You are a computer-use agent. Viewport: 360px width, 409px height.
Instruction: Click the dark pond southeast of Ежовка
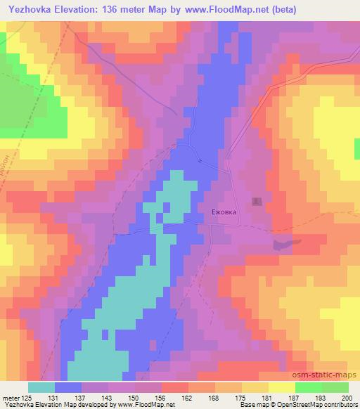[x=284, y=244]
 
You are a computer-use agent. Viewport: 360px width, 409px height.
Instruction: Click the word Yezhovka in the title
[x=30, y=10]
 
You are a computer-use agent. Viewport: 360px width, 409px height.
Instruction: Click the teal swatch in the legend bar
[x=41, y=387]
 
